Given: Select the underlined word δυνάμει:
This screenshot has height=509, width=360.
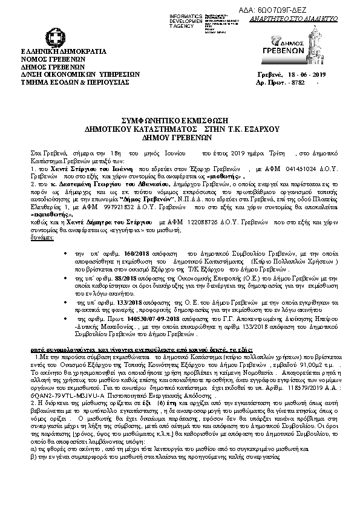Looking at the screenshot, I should (41, 238).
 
